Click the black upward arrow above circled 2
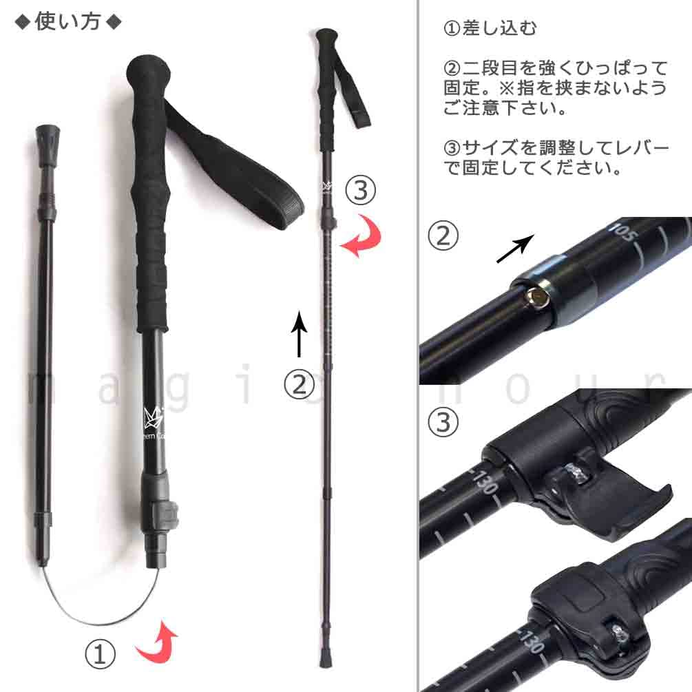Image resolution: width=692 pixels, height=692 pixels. pyautogui.click(x=299, y=334)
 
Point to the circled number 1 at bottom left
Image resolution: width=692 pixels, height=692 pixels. pyautogui.click(x=100, y=654)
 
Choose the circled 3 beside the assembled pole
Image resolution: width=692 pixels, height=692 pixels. pyautogui.click(x=360, y=190)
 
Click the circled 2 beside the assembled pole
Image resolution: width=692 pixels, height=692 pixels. pyautogui.click(x=299, y=384)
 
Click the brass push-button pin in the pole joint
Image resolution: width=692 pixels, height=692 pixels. pyautogui.click(x=537, y=297)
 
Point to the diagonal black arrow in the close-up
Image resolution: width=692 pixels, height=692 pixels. pyautogui.click(x=515, y=248)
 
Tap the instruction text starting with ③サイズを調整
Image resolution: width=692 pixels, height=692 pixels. pyautogui.click(x=555, y=158)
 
